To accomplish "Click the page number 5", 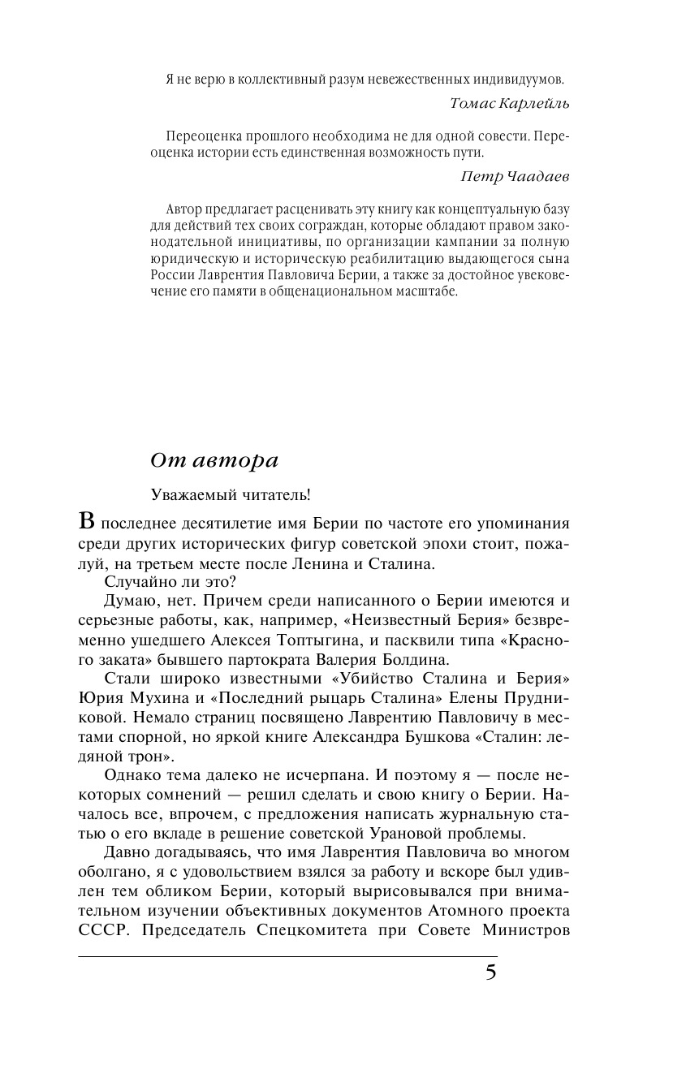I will tap(490, 972).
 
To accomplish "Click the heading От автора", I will tap(214, 459).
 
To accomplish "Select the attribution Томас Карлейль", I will tap(510, 104).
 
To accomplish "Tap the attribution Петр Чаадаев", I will tap(516, 176).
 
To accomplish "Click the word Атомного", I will tap(446, 911).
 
